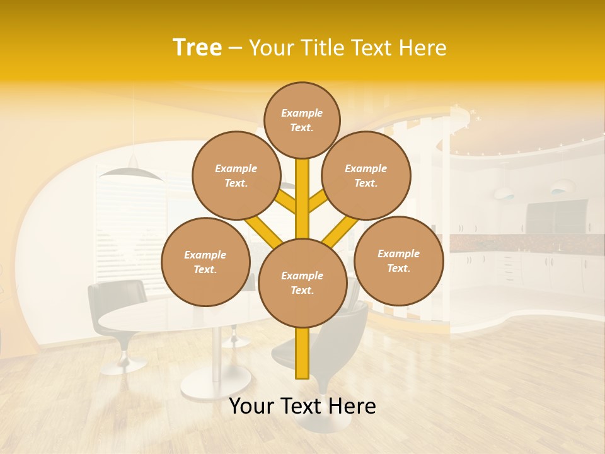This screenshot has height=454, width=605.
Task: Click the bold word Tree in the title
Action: point(197,47)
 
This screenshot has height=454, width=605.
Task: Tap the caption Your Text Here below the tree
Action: point(302,406)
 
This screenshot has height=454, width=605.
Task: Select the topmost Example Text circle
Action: point(302,120)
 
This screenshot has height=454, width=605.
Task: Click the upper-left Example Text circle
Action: point(236,175)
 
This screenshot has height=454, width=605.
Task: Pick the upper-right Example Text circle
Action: point(366,175)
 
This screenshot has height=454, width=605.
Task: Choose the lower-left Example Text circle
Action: point(205,262)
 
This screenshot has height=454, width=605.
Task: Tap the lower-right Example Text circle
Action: point(398,260)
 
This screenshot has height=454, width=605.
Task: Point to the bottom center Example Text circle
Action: point(302,283)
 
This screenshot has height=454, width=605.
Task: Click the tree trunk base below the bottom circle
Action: point(302,353)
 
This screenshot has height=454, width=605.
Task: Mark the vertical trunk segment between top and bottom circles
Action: point(302,199)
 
